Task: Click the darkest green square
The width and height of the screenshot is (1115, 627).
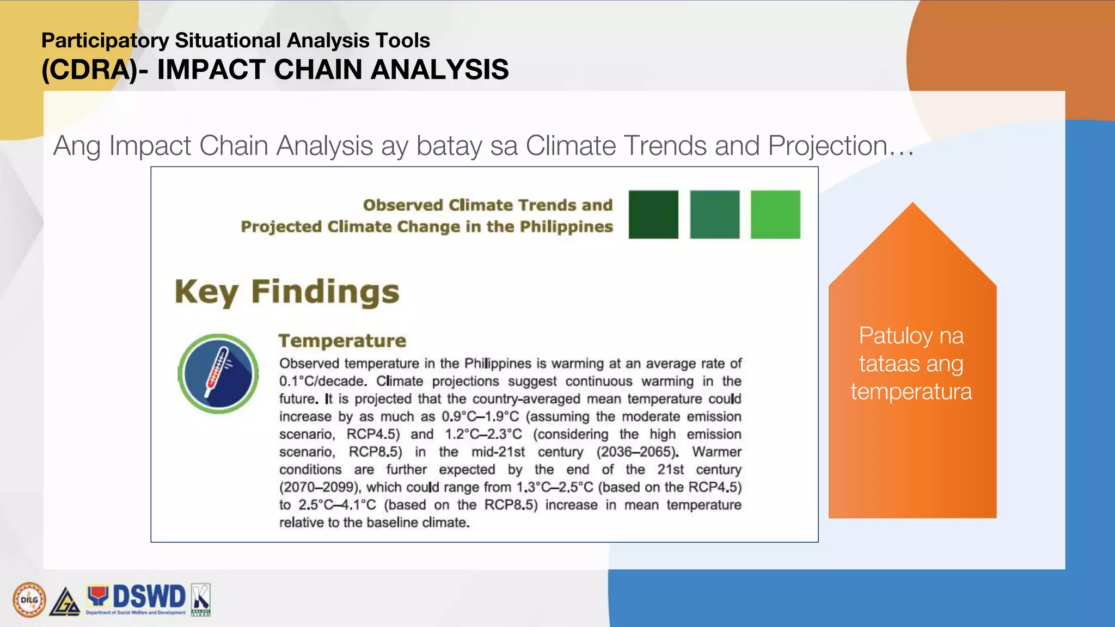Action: point(653,214)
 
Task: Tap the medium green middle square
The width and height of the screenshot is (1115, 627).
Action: point(714,214)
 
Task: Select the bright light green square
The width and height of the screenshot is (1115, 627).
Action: point(775,214)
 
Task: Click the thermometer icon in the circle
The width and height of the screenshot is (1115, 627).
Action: point(218,373)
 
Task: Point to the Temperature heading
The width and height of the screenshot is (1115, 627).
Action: point(342,341)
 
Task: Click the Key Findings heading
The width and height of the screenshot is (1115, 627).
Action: point(287,292)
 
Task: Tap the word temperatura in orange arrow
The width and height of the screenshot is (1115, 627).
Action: point(911,392)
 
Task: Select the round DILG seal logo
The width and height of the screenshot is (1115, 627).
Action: point(29,600)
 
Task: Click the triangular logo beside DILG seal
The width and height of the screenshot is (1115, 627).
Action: point(65,603)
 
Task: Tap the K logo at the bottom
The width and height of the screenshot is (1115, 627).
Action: point(200,599)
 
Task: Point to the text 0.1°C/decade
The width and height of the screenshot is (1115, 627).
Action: point(322,382)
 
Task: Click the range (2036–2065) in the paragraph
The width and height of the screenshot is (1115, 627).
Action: point(637,452)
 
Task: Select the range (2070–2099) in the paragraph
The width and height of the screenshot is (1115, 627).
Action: point(321,487)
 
